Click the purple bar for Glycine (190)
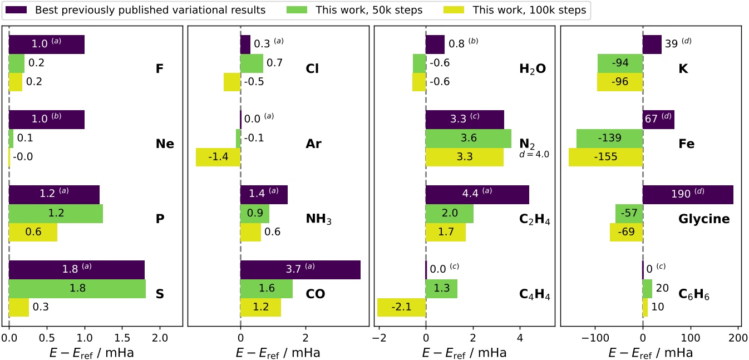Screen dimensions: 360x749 (x=688, y=195)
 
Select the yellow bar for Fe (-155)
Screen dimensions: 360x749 (x=605, y=157)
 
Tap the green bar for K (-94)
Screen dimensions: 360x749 (x=620, y=63)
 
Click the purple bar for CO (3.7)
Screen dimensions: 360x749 (x=300, y=270)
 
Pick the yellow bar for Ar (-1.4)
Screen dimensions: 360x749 (x=218, y=157)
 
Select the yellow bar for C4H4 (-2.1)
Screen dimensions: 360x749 (x=401, y=308)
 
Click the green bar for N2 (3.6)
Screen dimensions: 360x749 (x=468, y=138)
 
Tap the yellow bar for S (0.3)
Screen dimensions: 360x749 (x=19, y=308)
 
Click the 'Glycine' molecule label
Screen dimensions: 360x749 (x=704, y=219)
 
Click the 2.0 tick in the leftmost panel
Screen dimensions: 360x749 (x=160, y=338)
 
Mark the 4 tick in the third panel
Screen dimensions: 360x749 (x=520, y=338)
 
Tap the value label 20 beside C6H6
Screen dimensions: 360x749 (x=661, y=289)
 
